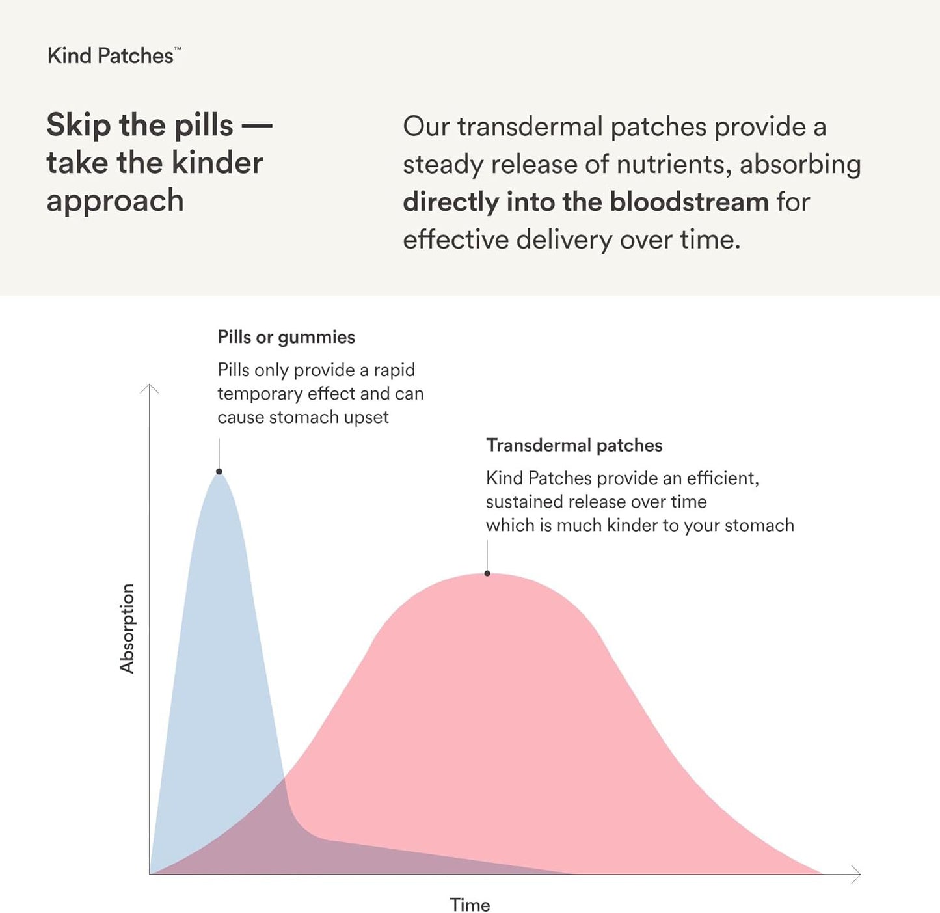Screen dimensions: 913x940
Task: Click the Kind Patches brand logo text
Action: coord(112,56)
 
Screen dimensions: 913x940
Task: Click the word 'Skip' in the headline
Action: coord(78,125)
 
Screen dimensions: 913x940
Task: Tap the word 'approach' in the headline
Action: coord(115,201)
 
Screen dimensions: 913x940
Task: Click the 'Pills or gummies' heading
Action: coord(286,337)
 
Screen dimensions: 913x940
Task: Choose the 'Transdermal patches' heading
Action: coord(574,446)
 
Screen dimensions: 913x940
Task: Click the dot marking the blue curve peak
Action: coord(219,471)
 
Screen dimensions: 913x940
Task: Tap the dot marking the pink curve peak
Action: coord(487,573)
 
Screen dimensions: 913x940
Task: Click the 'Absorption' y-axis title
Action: coord(127,628)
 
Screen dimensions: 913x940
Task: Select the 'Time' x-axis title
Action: coord(470,905)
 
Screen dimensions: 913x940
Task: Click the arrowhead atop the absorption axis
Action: coord(150,388)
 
